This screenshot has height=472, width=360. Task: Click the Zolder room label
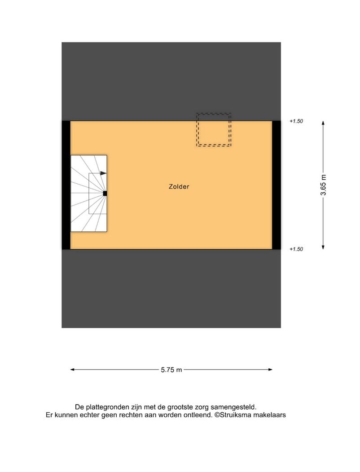(179, 187)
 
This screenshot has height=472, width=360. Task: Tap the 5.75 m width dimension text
(171, 370)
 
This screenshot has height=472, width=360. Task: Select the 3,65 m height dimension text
(323, 185)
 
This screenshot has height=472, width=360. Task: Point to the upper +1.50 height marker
(297, 121)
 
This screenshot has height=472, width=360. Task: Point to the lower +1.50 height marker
(297, 249)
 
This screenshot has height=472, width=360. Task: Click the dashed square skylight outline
(214, 130)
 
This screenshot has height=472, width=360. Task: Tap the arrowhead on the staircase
(104, 173)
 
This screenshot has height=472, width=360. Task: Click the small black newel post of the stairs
(105, 194)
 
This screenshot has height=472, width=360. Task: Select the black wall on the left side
(66, 185)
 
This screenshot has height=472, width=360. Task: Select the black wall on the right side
(277, 185)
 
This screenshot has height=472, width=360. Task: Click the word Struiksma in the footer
(238, 415)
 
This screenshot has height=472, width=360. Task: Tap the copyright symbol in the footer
(217, 415)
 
